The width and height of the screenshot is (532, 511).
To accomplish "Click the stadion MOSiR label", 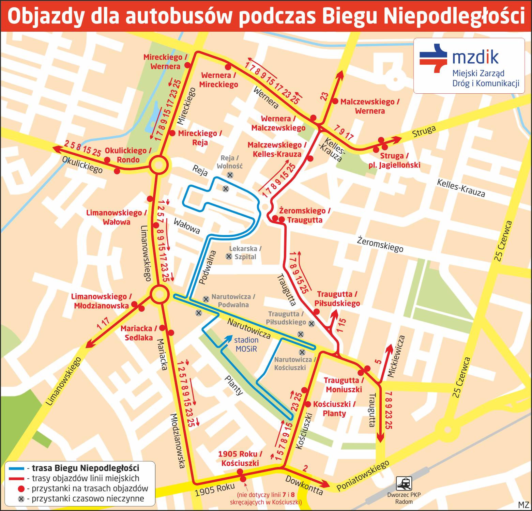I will (x=246, y=344).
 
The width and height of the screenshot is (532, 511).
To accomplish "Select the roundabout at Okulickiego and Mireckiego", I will (x=158, y=165).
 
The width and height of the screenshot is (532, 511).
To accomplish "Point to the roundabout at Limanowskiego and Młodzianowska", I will (x=159, y=294).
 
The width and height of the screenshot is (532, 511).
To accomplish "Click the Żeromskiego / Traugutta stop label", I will (x=304, y=215).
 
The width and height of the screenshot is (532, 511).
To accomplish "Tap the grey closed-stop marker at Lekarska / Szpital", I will (x=229, y=256).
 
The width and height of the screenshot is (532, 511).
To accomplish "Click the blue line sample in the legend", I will (x=16, y=468).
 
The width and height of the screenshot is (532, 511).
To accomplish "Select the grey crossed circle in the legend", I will (x=21, y=499).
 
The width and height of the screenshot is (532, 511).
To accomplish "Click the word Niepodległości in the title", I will (x=454, y=16).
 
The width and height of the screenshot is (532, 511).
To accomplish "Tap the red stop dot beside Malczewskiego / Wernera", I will (x=335, y=101).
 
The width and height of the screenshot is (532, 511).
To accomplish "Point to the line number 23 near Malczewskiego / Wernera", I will (x=324, y=96).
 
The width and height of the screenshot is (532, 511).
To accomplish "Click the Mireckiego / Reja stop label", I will (x=200, y=138).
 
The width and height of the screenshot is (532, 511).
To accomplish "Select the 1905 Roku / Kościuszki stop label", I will (x=240, y=459).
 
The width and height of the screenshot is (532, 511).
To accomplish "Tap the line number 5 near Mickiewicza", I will (x=378, y=361).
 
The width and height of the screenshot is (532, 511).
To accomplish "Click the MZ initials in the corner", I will (x=523, y=505).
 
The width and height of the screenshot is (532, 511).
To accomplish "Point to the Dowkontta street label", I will (x=304, y=485).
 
